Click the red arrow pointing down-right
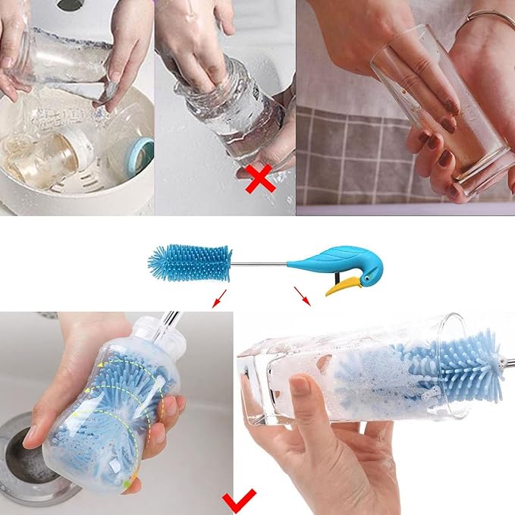tap(302, 297)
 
